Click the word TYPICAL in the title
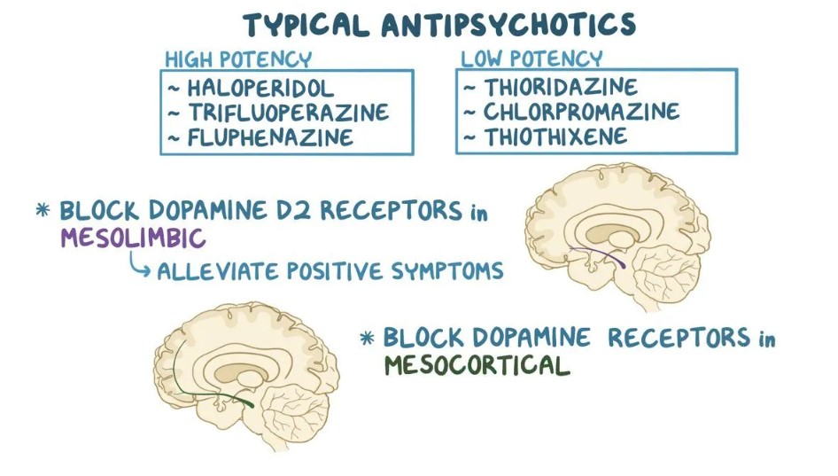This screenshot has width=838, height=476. click(x=306, y=25)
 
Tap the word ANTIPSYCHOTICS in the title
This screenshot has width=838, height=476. click(x=508, y=25)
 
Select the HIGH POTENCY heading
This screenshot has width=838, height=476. click(x=238, y=59)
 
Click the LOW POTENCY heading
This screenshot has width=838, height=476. click(x=532, y=59)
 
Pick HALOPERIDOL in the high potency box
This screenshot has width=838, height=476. click(x=260, y=89)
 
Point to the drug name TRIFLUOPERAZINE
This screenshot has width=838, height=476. click(x=289, y=113)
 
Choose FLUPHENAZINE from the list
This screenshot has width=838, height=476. click(x=270, y=137)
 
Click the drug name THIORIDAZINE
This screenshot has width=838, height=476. click(x=561, y=87)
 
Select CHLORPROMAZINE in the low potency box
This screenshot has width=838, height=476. click(x=581, y=112)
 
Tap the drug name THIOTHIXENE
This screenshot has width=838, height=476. click(x=555, y=137)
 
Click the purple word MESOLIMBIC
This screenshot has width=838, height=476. click(x=133, y=238)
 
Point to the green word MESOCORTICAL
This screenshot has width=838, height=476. click(x=477, y=366)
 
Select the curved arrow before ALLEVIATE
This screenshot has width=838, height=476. click(x=138, y=266)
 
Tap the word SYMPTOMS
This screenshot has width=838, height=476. click(x=447, y=270)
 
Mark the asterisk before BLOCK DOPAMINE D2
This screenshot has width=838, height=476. click(x=43, y=209)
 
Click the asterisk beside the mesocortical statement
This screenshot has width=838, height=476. click(x=367, y=338)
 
